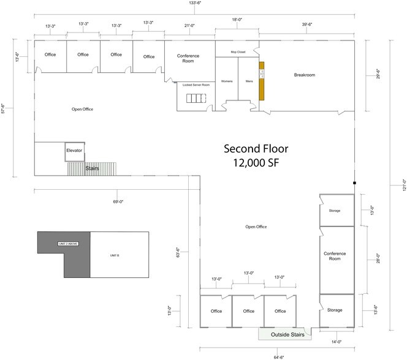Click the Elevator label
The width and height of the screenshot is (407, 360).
pyautogui.click(x=74, y=150)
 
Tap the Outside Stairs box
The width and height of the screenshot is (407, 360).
pyautogui.click(x=285, y=334)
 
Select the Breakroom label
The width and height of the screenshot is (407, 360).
pyautogui.click(x=304, y=75)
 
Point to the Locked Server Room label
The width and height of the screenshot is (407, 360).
pyautogui.click(x=196, y=84)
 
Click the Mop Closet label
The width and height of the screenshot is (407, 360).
pyautogui.click(x=238, y=52)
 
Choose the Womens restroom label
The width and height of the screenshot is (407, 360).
pyautogui.click(x=226, y=81)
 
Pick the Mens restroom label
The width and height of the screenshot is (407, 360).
pyautogui.click(x=249, y=81)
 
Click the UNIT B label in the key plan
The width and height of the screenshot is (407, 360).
pyautogui.click(x=114, y=254)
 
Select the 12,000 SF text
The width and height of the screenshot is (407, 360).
pyautogui.click(x=255, y=163)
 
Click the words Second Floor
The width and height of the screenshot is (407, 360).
pyautogui.click(x=255, y=149)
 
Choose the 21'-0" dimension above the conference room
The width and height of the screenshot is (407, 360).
pyautogui.click(x=189, y=25)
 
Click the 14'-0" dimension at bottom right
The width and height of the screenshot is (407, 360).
pyautogui.click(x=337, y=341)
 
